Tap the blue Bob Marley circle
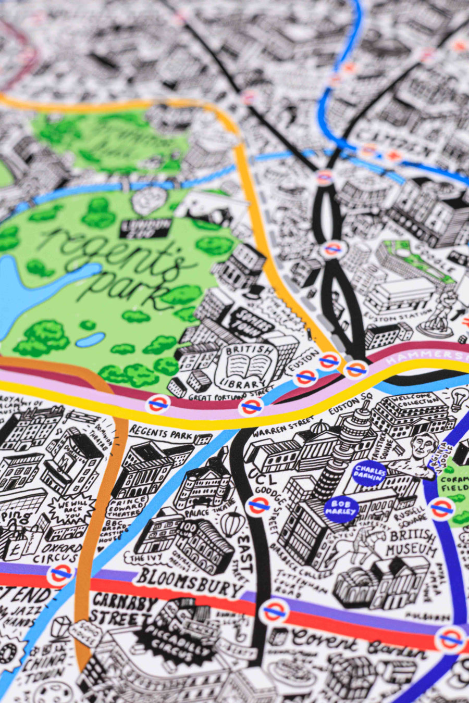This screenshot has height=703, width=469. pyautogui.click(x=341, y=508)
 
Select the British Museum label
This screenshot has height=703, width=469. pyautogui.click(x=412, y=542)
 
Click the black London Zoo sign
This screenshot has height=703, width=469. pyautogui.click(x=146, y=226)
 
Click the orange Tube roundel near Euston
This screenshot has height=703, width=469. pyautogui.click(x=356, y=369)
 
